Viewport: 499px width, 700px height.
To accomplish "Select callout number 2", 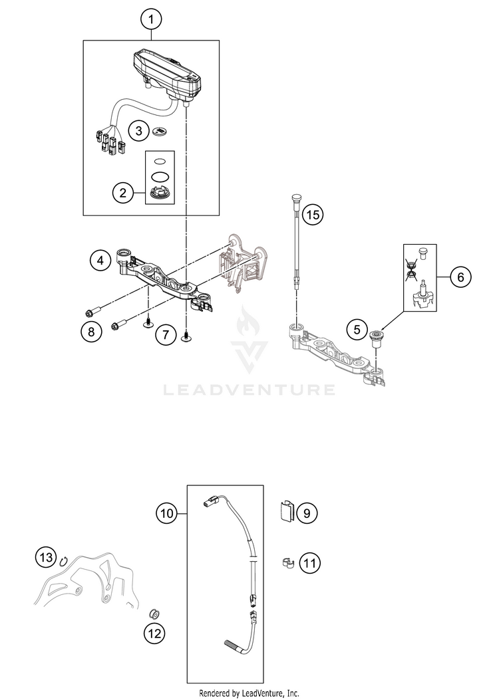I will (x=122, y=193).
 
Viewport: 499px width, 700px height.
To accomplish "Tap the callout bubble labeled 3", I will (x=138, y=130).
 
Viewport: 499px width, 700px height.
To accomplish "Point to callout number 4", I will (x=100, y=260).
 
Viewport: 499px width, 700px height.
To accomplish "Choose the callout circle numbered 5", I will (x=357, y=328).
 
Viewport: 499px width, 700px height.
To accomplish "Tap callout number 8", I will (x=92, y=330).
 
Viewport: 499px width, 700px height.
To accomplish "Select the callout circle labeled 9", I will (x=307, y=513).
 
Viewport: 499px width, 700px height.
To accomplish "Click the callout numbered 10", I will (x=166, y=513).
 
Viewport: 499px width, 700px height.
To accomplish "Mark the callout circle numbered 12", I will (x=154, y=634).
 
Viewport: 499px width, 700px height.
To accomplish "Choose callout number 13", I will (x=45, y=556).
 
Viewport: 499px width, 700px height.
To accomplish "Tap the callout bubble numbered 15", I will (x=312, y=214).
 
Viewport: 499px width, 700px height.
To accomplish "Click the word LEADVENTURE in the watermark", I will (x=249, y=389).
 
